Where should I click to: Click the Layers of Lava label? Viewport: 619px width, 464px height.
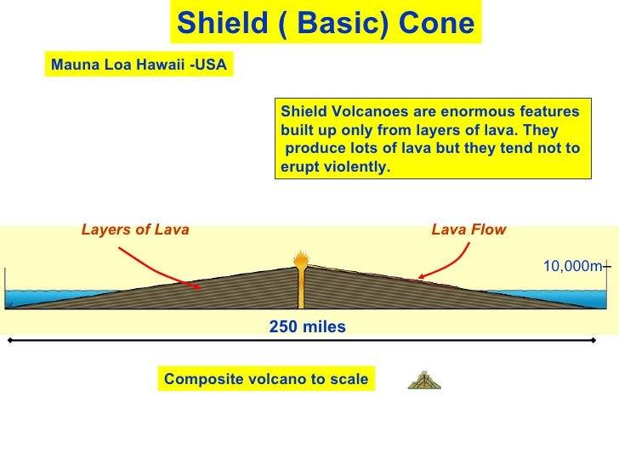tap(135, 229)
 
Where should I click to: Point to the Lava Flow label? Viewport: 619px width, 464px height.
tap(469, 229)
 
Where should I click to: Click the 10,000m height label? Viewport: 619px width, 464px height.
tap(572, 267)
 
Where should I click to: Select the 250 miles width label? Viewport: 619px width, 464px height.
tap(307, 326)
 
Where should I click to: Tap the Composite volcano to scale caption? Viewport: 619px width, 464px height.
tap(266, 379)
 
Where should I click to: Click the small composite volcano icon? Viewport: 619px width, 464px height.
tap(423, 380)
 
